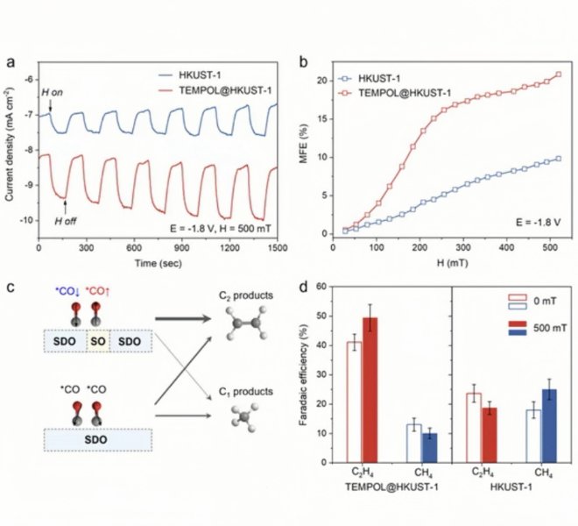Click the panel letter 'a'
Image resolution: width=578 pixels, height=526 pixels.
[10, 62]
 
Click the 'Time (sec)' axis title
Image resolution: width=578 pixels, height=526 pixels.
[158, 264]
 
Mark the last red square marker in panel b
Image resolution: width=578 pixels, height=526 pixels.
[558, 75]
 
